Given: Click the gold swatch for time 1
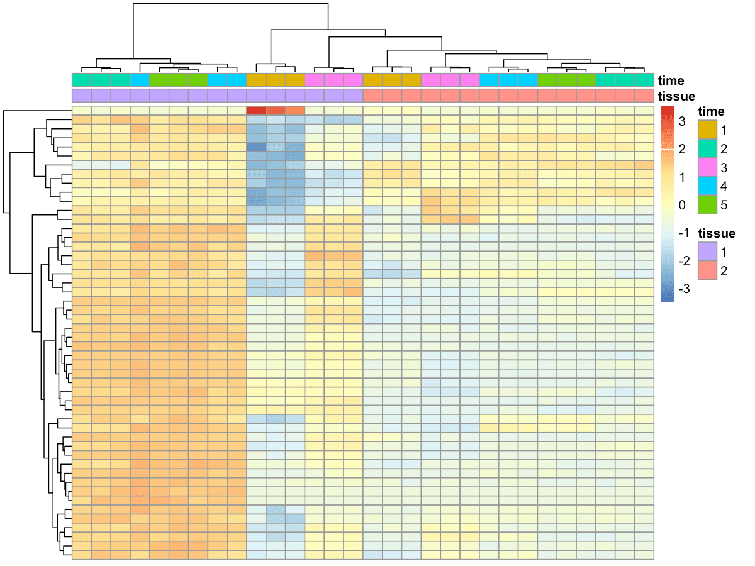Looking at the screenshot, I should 708,130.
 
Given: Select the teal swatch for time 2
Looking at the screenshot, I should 708,149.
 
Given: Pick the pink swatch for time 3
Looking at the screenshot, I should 708,168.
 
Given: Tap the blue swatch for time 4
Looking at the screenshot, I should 708,186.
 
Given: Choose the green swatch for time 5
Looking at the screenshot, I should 708,205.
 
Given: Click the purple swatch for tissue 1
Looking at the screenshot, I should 708,252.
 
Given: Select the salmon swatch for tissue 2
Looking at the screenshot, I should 708,270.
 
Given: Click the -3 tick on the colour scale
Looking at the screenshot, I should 683,289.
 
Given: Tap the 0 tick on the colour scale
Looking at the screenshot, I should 683,205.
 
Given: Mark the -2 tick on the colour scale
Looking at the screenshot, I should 683,261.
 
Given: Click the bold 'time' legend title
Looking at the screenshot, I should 711,112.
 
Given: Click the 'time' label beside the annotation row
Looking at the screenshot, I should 671,80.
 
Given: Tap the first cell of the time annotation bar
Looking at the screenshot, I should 82,80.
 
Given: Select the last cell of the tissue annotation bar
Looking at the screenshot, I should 644,96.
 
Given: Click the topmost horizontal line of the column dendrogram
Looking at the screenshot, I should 230,4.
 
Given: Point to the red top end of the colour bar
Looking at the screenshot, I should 667,109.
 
